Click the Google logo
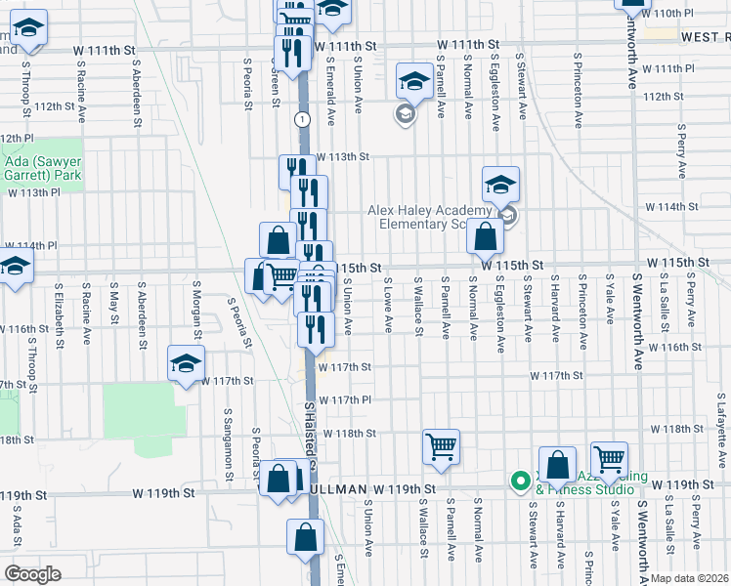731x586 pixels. pyautogui.click(x=31, y=573)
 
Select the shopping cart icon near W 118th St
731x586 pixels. pyautogui.click(x=441, y=447)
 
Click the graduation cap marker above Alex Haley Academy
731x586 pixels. pyautogui.click(x=500, y=184)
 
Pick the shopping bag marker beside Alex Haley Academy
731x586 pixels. pyautogui.click(x=485, y=235)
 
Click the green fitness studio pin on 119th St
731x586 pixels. pyautogui.click(x=518, y=479)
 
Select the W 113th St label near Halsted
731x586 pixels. pyautogui.click(x=343, y=156)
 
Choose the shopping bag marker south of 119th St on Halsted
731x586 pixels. pyautogui.click(x=305, y=536)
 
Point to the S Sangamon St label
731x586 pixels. pyautogui.click(x=228, y=443)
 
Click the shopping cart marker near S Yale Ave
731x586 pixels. pyautogui.click(x=609, y=459)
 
